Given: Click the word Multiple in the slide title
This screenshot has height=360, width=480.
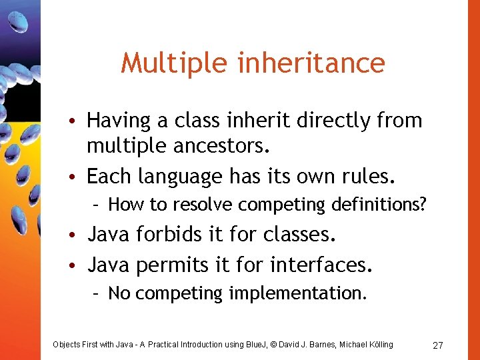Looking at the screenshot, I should click(161, 63).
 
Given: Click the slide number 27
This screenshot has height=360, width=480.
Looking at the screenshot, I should click(438, 345).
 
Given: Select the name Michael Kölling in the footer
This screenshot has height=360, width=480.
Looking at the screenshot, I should click(366, 345).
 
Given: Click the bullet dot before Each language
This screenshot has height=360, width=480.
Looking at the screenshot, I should click(77, 177).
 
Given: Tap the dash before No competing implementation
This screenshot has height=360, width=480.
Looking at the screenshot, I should click(97, 293).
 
